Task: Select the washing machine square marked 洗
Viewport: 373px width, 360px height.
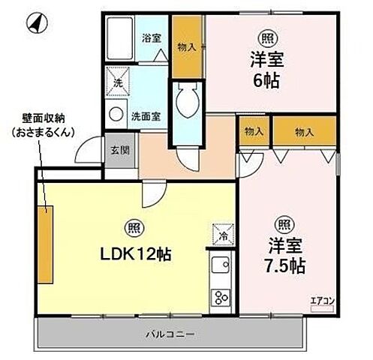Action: point(117,82)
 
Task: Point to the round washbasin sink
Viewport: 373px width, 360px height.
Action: point(117,115)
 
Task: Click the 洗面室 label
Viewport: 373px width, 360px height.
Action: point(145,116)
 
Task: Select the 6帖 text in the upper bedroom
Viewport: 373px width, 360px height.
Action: point(266,79)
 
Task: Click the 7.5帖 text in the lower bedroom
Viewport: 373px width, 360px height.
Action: point(286,265)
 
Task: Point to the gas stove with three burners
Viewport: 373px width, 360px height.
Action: point(221,297)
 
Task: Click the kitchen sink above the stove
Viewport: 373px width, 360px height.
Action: point(221,265)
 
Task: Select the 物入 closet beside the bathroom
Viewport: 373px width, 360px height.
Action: point(187,46)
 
